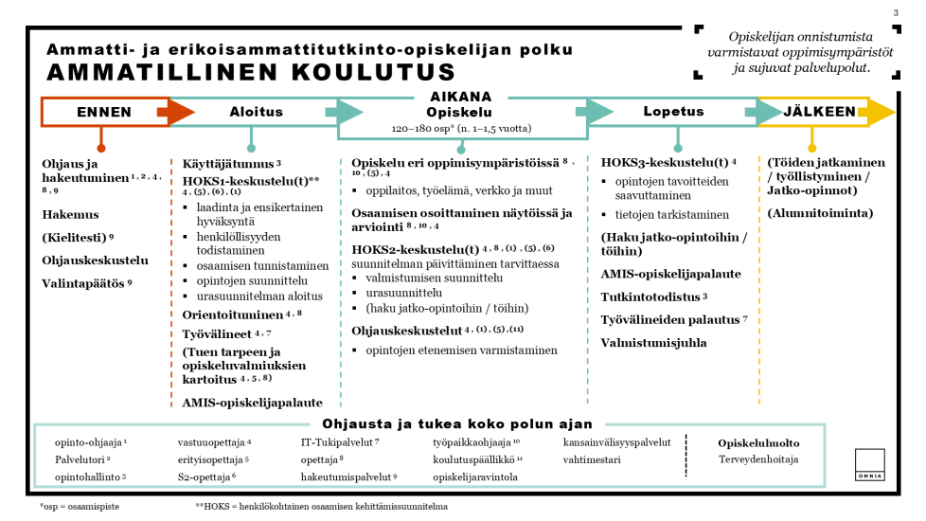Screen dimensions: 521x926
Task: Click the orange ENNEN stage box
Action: (104, 112)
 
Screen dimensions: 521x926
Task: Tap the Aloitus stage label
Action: (256, 112)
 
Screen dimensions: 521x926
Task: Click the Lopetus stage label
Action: (673, 112)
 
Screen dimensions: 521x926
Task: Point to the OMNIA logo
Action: (869, 464)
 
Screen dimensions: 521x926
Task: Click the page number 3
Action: (896, 12)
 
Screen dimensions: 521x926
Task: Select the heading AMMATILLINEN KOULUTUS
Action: (238, 72)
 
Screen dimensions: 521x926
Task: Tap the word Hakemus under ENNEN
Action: (70, 214)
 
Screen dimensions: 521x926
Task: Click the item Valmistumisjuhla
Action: (653, 342)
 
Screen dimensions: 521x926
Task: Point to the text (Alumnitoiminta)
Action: (820, 213)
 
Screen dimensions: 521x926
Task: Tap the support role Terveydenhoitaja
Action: (758, 460)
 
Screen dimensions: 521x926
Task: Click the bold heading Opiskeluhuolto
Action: (758, 442)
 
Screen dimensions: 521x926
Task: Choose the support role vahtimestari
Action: (592, 459)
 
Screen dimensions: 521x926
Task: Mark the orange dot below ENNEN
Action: (101, 148)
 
